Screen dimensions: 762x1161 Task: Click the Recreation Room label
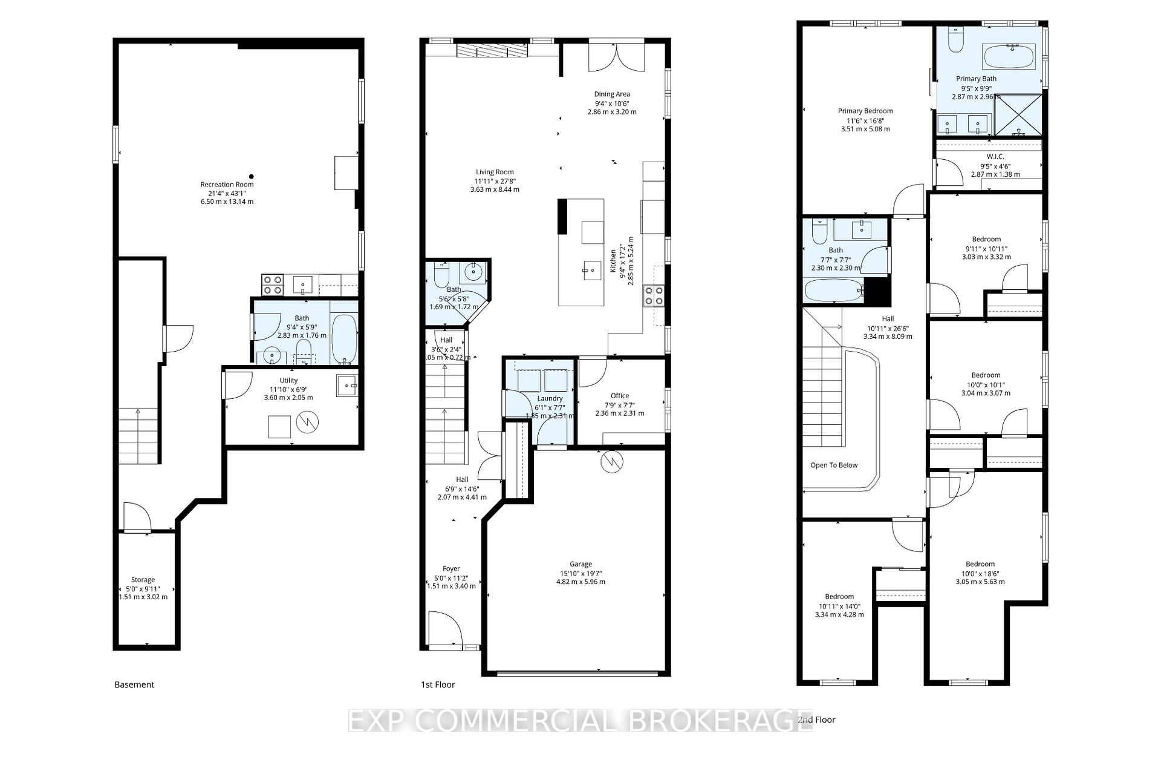[x=227, y=185]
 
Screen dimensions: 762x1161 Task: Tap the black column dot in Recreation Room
[x=252, y=177]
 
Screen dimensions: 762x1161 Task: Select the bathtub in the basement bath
[x=345, y=338]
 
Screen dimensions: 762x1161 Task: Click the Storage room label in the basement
[x=143, y=580]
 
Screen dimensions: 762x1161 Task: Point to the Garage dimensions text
[x=580, y=577]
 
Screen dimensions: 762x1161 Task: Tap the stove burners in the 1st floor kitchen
[x=654, y=295]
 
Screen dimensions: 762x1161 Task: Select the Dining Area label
[x=612, y=94]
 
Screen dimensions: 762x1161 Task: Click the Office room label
[x=620, y=396]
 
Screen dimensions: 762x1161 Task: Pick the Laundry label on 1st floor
[x=550, y=398]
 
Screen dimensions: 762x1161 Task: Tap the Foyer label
[x=451, y=569]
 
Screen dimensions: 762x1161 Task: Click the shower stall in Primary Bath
[x=1019, y=114]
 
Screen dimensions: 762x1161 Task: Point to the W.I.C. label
[x=995, y=157]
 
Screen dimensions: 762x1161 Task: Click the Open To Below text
[x=834, y=465]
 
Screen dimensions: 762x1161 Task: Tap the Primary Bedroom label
[x=865, y=111]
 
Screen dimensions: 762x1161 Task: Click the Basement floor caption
[x=134, y=685]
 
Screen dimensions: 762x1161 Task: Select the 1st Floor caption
[x=438, y=685]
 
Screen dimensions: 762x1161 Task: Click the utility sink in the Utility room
[x=347, y=385]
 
